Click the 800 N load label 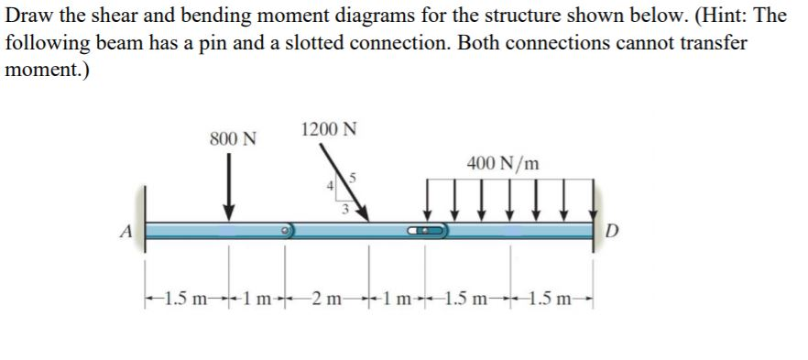click(233, 139)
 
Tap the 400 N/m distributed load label click(503, 164)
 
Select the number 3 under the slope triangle click(344, 210)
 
